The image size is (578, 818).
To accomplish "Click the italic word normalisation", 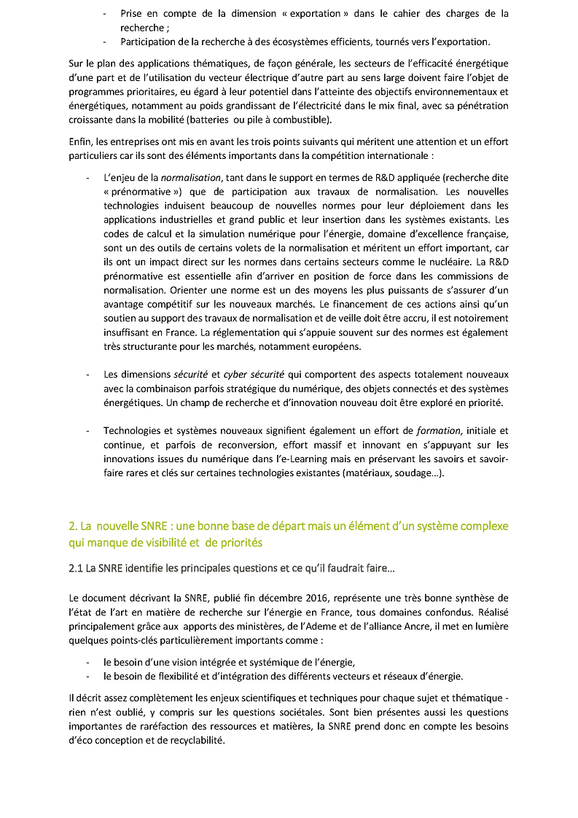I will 191,178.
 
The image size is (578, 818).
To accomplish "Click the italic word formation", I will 439,431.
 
